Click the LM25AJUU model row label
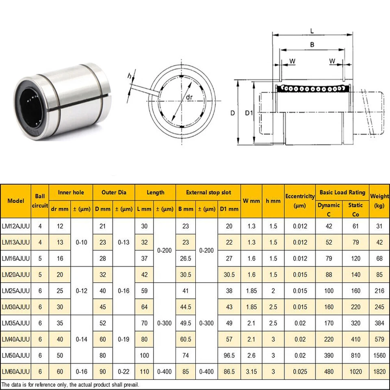[16, 291]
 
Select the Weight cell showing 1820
[379, 371]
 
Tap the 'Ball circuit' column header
[40, 201]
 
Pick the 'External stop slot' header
[208, 193]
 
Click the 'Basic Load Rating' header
[342, 193]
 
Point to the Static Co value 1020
[355, 371]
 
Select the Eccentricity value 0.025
[299, 371]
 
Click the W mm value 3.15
[251, 371]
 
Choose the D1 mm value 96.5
[229, 355]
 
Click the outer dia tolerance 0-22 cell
[123, 371]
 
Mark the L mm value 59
[144, 291]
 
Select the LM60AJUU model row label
[16, 371]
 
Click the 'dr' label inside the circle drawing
[188, 98]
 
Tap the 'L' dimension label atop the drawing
[312, 30]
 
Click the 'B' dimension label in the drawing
[312, 45]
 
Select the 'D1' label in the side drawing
[249, 113]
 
